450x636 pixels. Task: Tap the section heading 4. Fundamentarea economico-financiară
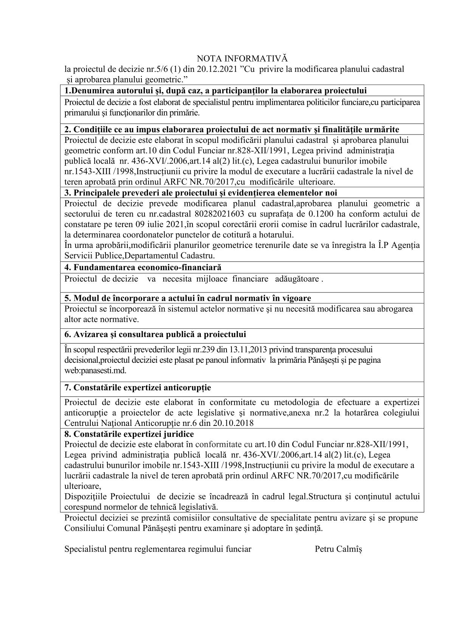[143, 268]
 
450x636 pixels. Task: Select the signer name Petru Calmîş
[338, 549]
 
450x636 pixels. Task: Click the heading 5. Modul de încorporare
[188, 298]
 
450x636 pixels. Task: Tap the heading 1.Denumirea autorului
[216, 91]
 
